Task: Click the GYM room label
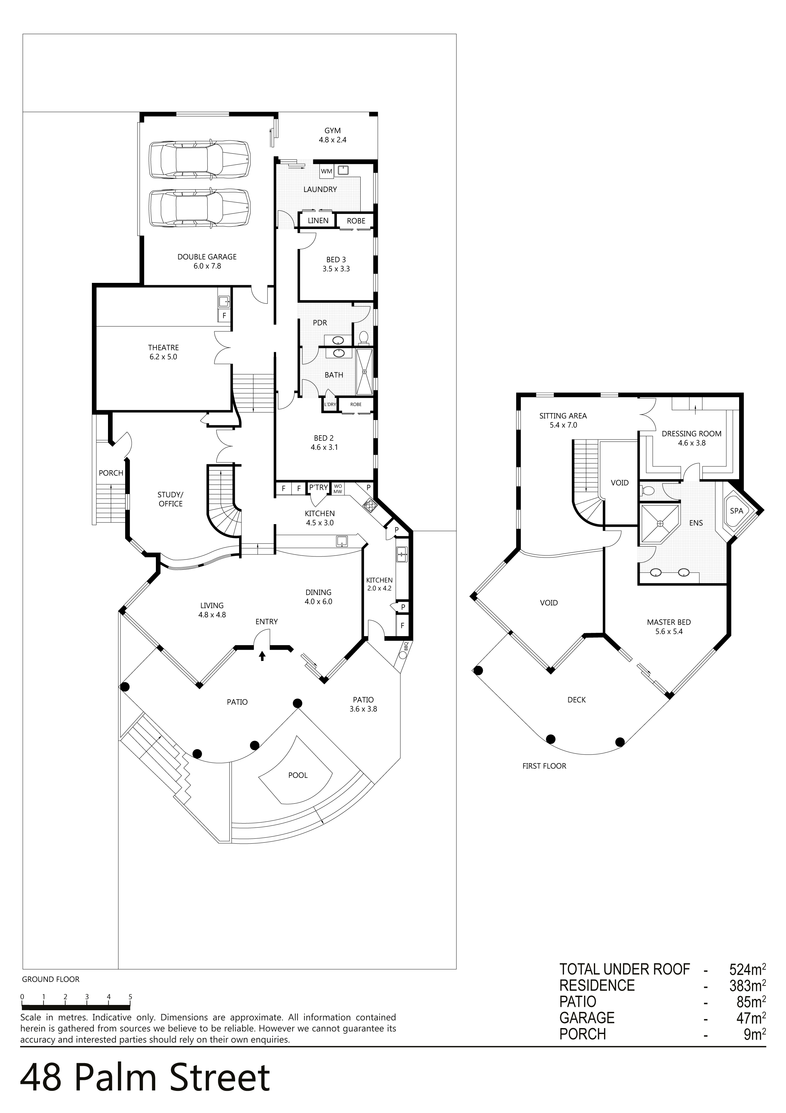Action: (x=333, y=131)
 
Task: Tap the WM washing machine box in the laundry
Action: (x=326, y=172)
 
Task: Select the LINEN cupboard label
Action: (x=318, y=220)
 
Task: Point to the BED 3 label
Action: (x=336, y=259)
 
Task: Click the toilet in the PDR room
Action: (x=363, y=336)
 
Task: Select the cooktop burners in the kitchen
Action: (x=370, y=506)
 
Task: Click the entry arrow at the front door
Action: (x=262, y=656)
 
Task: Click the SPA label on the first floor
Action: (x=736, y=511)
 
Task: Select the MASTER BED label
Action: (x=669, y=622)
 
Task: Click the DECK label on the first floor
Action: (x=577, y=700)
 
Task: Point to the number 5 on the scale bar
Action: (x=130, y=997)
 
